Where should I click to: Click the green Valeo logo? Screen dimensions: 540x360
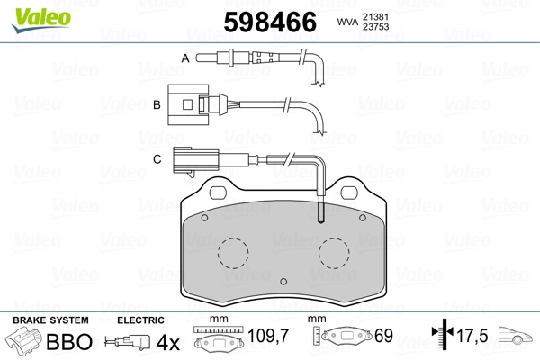41,20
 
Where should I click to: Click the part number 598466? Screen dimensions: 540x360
270,22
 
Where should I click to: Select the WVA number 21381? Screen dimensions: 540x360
375,16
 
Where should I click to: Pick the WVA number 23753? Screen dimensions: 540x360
375,26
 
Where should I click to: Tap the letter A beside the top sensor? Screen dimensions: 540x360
185,58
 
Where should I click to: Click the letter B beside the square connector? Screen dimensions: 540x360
157,104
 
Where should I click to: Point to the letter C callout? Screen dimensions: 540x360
157,159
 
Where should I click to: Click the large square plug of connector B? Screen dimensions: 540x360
188,104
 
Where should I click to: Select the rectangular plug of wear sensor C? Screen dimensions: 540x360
196,160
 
